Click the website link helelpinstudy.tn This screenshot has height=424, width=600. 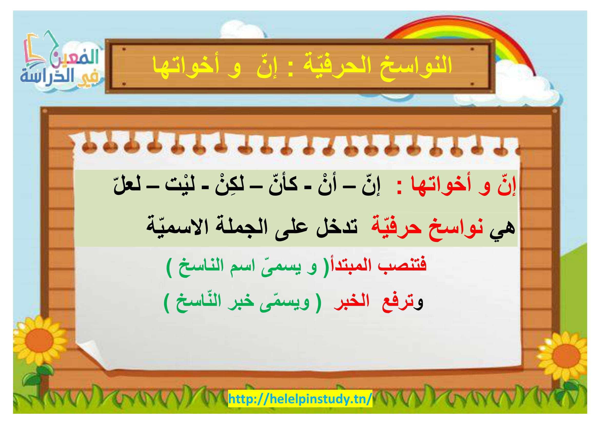[300, 399]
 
